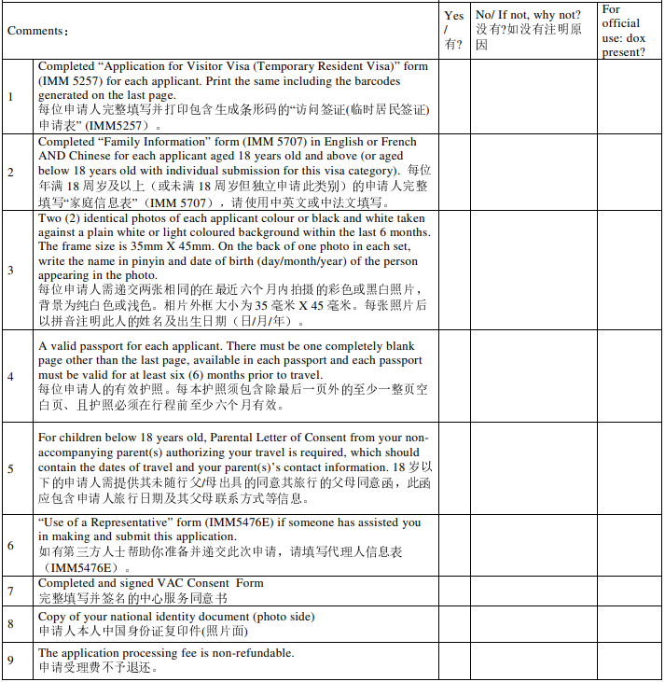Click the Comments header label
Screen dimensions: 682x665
pyautogui.click(x=38, y=31)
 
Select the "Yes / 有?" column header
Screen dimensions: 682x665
pyautogui.click(x=454, y=30)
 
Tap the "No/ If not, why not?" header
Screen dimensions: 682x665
pyautogui.click(x=527, y=15)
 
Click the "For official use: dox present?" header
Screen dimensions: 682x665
pyautogui.click(x=623, y=31)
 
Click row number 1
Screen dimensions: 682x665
pyautogui.click(x=10, y=96)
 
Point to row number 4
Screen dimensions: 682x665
pyautogui.click(x=10, y=376)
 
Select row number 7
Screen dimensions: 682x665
pyautogui.click(x=10, y=591)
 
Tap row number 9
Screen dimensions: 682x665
pyautogui.click(x=10, y=661)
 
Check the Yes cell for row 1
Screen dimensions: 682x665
pyautogui.click(x=454, y=96)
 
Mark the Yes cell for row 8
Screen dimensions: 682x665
pyautogui.click(x=454, y=624)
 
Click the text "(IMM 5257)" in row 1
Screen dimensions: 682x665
pyautogui.click(x=70, y=81)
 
